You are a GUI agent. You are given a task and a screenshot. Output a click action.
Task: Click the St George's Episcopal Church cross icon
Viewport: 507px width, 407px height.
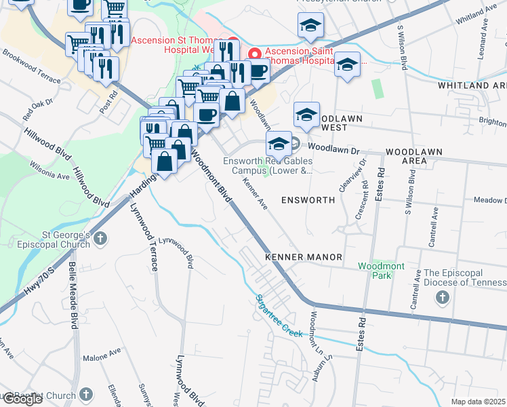(x=100, y=238)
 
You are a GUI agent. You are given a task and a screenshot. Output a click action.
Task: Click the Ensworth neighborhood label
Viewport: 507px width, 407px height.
(x=308, y=200)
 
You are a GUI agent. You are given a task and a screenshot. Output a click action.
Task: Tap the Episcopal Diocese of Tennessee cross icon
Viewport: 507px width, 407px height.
(x=442, y=297)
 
